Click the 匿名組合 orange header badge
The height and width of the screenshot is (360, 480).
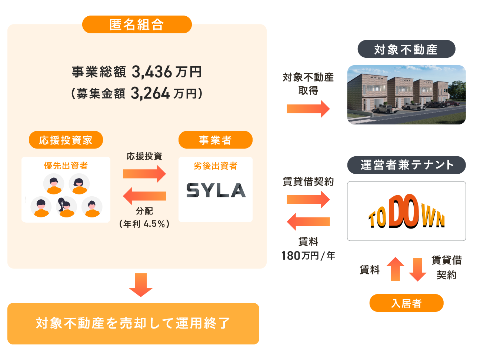click(137, 24)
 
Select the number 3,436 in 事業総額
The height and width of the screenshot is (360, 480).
click(152, 72)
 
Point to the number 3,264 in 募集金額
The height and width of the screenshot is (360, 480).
click(150, 93)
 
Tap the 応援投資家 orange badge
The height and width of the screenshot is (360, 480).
click(66, 140)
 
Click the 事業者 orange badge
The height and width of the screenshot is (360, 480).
click(215, 140)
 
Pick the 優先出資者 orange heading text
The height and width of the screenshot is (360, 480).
click(66, 166)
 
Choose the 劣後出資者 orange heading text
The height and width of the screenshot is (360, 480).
click(215, 166)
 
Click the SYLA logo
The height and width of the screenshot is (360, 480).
click(216, 190)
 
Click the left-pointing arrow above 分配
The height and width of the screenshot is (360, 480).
click(144, 196)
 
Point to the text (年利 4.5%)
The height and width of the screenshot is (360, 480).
click(144, 224)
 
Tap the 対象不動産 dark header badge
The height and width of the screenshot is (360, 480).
click(406, 49)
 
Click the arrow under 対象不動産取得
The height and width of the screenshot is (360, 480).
click(308, 109)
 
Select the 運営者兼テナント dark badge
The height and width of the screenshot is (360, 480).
click(406, 165)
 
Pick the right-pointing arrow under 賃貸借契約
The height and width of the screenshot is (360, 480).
click(308, 200)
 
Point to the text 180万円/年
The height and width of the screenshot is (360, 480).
click(308, 256)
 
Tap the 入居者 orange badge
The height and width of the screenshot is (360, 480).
click(406, 303)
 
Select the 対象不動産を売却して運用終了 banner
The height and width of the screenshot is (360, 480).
click(133, 323)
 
